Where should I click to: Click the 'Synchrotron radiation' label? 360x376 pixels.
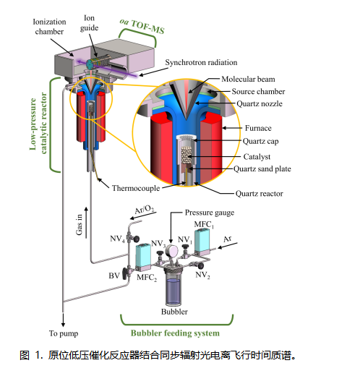point(201,63)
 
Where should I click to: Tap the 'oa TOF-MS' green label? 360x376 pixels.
point(142,26)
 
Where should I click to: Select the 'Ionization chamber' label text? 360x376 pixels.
point(49,27)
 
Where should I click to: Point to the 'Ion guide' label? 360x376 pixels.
point(89,23)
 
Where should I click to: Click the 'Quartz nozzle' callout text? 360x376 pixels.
point(260,103)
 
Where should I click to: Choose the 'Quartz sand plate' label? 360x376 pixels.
point(262,168)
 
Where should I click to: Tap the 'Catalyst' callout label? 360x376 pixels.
point(257,157)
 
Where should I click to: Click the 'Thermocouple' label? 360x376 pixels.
point(136,188)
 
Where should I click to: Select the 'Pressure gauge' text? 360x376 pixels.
point(210,213)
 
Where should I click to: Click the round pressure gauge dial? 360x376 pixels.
point(171,251)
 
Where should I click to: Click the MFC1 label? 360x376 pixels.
point(204,224)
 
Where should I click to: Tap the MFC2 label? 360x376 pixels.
point(147,278)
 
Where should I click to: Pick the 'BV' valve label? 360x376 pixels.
point(114,275)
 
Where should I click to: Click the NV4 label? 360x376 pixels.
point(117,239)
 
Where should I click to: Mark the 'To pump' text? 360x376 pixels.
point(64,333)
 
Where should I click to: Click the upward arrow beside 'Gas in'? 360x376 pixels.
point(86,223)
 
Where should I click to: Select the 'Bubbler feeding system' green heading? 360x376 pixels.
point(175,333)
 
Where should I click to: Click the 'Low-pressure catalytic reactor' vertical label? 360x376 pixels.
point(38,124)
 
